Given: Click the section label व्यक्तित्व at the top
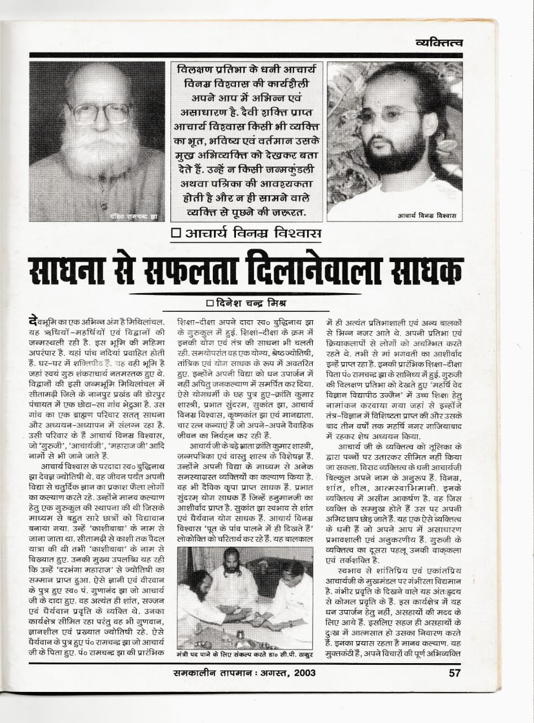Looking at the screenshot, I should [439, 42].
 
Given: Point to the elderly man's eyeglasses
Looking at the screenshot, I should [99, 114].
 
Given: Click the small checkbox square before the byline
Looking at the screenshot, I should [210, 302].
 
